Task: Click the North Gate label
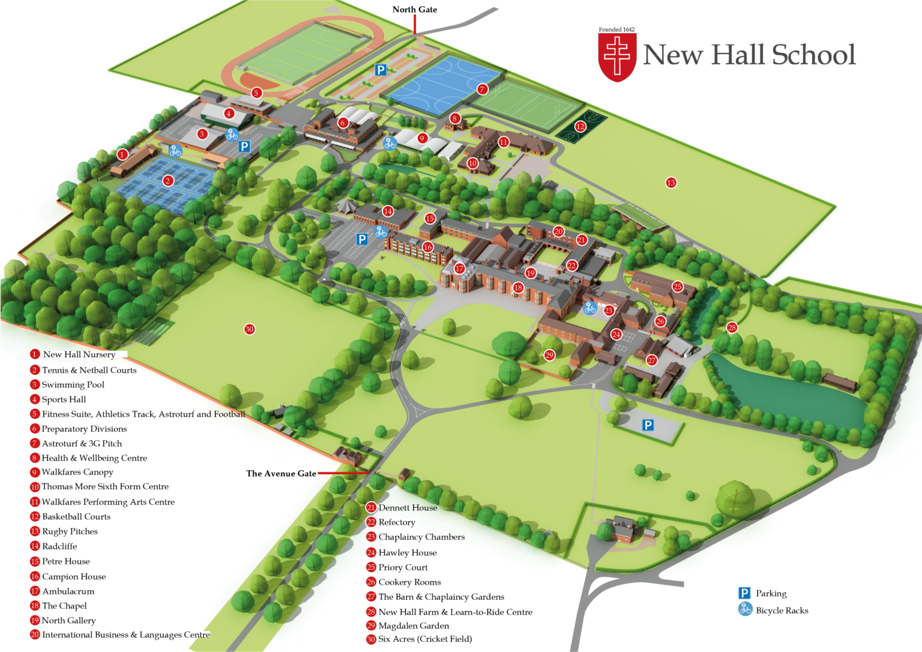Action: click(414, 10)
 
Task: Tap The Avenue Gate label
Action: click(281, 474)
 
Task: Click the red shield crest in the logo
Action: click(617, 57)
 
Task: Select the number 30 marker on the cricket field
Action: click(249, 329)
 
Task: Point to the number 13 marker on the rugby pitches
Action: click(671, 183)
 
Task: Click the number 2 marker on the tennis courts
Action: click(168, 180)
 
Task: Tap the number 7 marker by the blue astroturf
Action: click(482, 89)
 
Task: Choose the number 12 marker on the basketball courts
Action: click(580, 126)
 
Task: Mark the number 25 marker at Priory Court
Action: click(678, 286)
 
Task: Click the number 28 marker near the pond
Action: click(732, 327)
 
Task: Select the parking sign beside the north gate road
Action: click(380, 70)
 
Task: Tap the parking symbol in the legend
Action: click(744, 593)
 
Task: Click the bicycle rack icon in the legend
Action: click(745, 609)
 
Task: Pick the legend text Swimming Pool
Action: click(73, 385)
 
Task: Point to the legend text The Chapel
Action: click(64, 606)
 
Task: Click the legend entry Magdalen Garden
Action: click(414, 626)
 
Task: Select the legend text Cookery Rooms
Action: click(409, 582)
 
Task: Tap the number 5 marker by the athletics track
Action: click(256, 92)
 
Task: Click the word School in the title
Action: click(813, 55)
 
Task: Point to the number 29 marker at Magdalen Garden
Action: click(549, 355)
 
